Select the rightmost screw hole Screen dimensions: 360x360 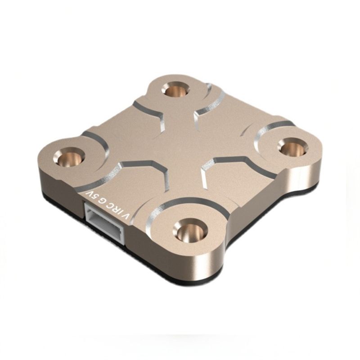pyautogui.click(x=292, y=148)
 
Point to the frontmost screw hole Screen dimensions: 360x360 pyautogui.click(x=190, y=230)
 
